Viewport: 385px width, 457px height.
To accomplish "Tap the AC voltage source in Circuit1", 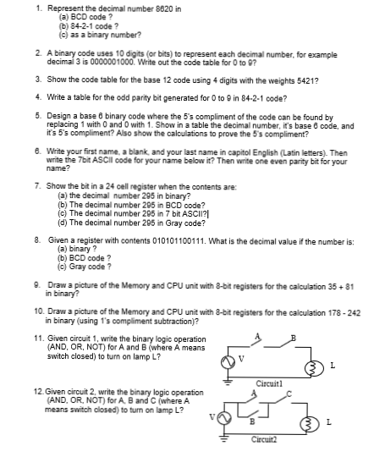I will click(x=228, y=366).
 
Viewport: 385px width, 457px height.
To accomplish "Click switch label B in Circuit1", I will click(x=294, y=342).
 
